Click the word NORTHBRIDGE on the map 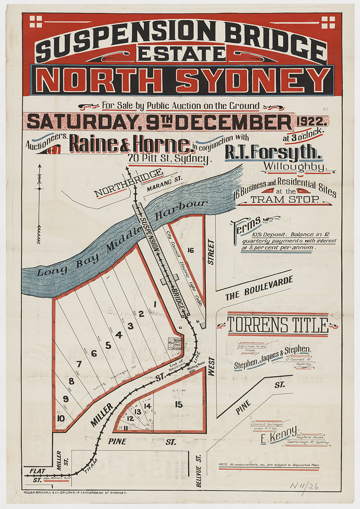[128, 183]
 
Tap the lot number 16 [190, 250]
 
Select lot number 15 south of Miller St [179, 405]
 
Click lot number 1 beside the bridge [155, 304]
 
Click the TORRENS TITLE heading [278, 325]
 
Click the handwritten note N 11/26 [304, 486]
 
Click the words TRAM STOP [285, 199]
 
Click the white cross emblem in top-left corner [36, 21]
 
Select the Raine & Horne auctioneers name [130, 144]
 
